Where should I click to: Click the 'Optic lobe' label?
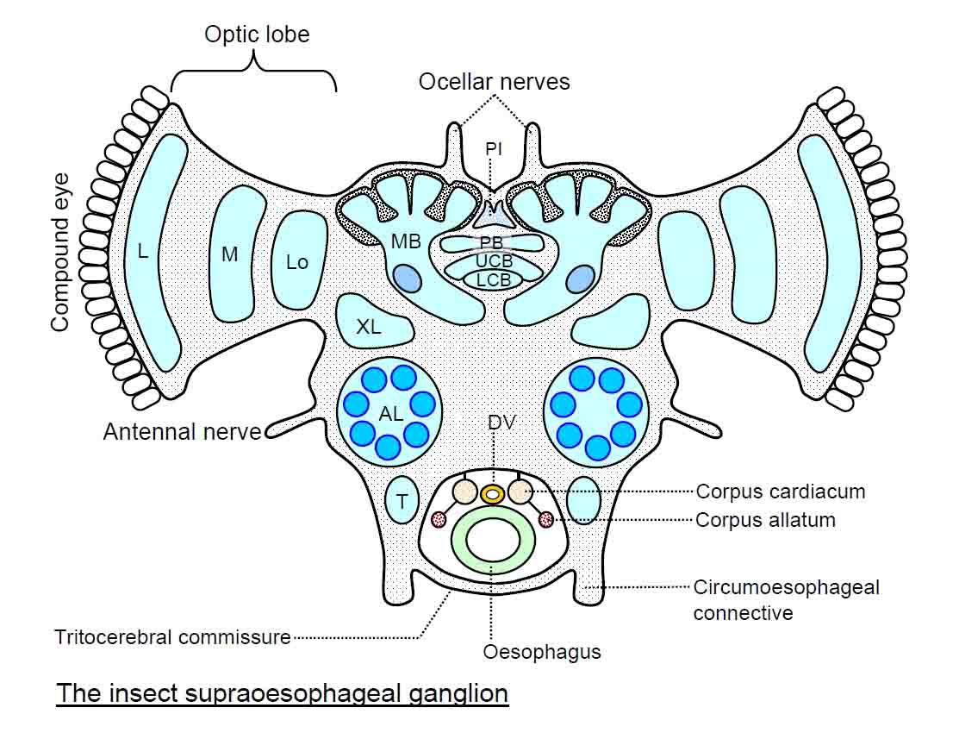[x=256, y=35]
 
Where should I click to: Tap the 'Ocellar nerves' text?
[x=494, y=82]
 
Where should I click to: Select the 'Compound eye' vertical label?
[x=59, y=251]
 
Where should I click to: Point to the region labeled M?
[x=228, y=254]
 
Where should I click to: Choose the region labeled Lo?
[x=297, y=261]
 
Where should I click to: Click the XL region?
[x=369, y=327]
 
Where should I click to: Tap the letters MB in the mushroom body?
[x=406, y=242]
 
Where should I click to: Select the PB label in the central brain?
[x=491, y=243]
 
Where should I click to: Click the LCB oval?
[x=493, y=280]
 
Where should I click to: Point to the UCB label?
[x=494, y=262]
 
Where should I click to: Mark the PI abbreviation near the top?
[x=493, y=149]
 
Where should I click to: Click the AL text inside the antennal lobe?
[x=390, y=414]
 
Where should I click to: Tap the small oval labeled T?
[x=402, y=501]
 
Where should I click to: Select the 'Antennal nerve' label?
[x=182, y=431]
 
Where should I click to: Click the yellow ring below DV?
[x=493, y=494]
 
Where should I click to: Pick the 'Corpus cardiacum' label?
[x=780, y=492]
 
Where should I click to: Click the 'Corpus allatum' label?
[x=765, y=520]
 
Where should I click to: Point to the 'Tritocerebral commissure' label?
[x=172, y=638]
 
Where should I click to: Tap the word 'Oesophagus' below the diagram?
[x=542, y=652]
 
